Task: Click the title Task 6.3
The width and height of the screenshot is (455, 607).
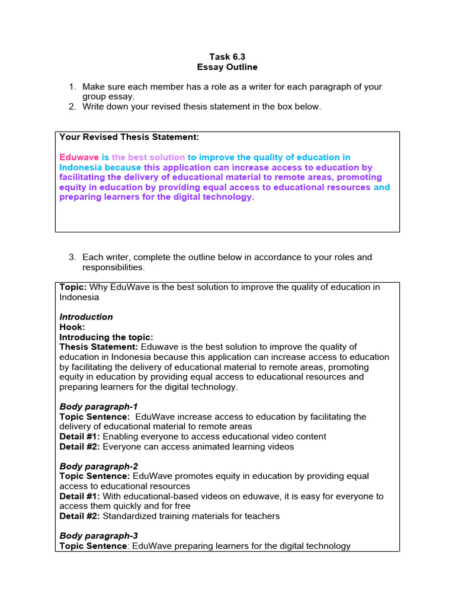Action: pyautogui.click(x=227, y=57)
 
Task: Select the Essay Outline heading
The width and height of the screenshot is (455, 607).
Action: pyautogui.click(x=227, y=67)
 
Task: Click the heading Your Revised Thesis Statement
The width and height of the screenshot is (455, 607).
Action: pyautogui.click(x=129, y=137)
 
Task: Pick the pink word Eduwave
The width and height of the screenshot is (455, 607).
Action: pyautogui.click(x=79, y=157)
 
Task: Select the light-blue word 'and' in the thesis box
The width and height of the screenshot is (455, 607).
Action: pyautogui.click(x=382, y=187)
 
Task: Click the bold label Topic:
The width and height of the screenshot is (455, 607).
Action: pyautogui.click(x=73, y=287)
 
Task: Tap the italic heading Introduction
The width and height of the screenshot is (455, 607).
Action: pyautogui.click(x=86, y=317)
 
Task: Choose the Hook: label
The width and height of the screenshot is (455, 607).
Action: pyautogui.click(x=72, y=327)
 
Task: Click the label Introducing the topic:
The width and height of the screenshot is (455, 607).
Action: pyautogui.click(x=106, y=337)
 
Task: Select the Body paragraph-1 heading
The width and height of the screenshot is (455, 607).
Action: pyautogui.click(x=98, y=407)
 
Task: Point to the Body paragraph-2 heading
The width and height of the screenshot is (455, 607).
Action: pyautogui.click(x=98, y=467)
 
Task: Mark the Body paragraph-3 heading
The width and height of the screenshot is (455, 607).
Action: pyautogui.click(x=98, y=536)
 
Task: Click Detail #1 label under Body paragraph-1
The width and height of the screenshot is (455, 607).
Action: pyautogui.click(x=79, y=437)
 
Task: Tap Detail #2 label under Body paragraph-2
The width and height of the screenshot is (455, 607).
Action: pyautogui.click(x=79, y=516)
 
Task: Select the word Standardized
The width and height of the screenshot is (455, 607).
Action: pyautogui.click(x=130, y=516)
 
